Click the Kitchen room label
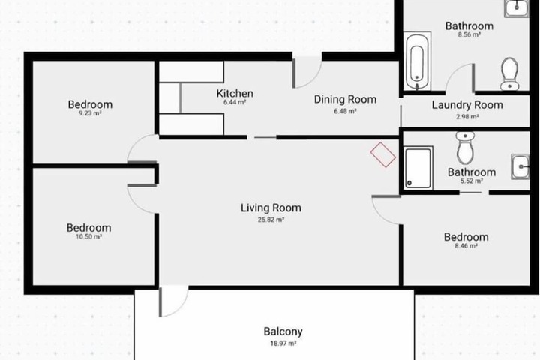pyautogui.click(x=235, y=93)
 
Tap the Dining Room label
pyautogui.click(x=345, y=100)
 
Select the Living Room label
pyautogui.click(x=271, y=208)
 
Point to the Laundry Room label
pyautogui.click(x=467, y=105)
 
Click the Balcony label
pyautogui.click(x=283, y=331)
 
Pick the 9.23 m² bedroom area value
pyautogui.click(x=90, y=113)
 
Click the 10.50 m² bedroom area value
pyautogui.click(x=88, y=237)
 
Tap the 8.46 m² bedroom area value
pyautogui.click(x=466, y=246)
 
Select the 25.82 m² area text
pyautogui.click(x=271, y=220)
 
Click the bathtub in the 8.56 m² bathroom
pyautogui.click(x=417, y=61)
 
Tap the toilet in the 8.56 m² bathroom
pyautogui.click(x=509, y=73)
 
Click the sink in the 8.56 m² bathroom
pyautogui.click(x=516, y=8)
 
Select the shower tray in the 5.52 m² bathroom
pyautogui.click(x=418, y=168)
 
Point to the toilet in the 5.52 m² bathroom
pyautogui.click(x=465, y=148)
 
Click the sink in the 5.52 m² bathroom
pyautogui.click(x=520, y=166)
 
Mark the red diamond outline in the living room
pyautogui.click(x=383, y=154)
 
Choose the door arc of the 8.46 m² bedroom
pyautogui.click(x=381, y=216)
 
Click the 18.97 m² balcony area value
pyautogui.click(x=283, y=343)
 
